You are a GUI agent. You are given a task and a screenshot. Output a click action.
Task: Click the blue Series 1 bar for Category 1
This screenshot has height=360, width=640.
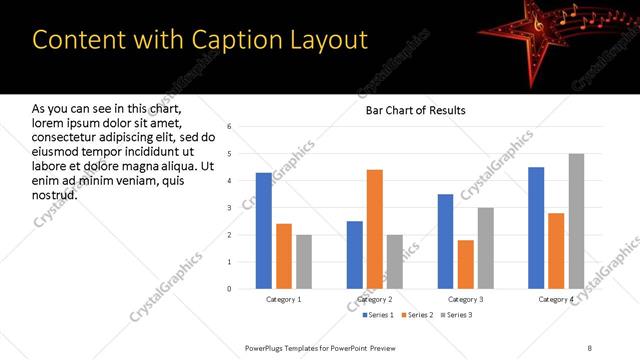[264, 231]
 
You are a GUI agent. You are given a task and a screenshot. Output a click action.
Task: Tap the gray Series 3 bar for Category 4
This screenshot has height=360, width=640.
[576, 221]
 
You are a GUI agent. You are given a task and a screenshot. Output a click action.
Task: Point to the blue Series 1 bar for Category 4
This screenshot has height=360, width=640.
[536, 228]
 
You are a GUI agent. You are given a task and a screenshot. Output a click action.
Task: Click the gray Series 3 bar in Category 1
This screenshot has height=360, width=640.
[304, 262]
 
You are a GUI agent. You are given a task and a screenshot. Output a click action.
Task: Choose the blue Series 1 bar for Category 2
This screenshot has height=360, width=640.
[355, 255]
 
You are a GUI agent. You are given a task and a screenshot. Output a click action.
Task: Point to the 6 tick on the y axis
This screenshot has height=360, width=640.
[229, 127]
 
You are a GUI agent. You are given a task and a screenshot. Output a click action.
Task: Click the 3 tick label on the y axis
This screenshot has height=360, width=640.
[229, 208]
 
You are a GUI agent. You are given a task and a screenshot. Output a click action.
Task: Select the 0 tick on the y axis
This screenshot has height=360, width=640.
[229, 289]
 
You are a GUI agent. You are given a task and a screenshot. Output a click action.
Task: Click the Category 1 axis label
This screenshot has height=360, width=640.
[284, 299]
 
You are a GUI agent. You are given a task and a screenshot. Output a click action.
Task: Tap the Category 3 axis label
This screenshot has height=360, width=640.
[466, 299]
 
